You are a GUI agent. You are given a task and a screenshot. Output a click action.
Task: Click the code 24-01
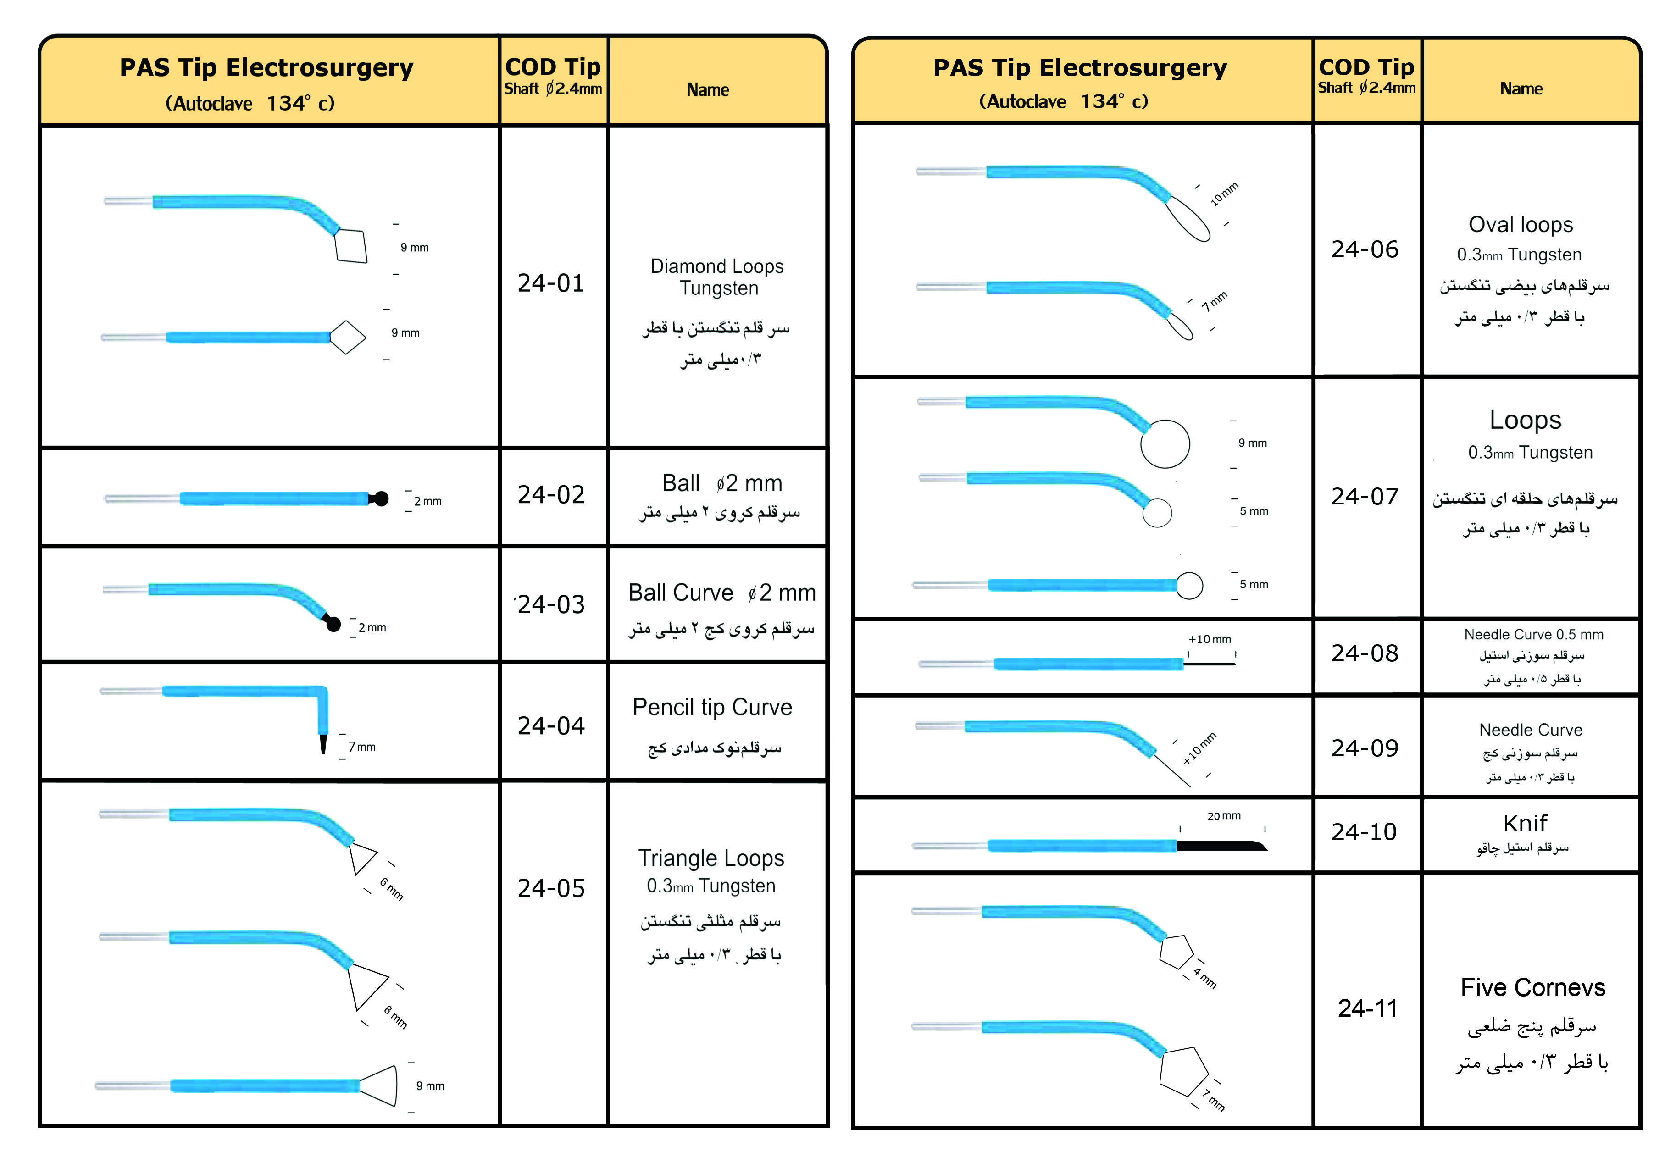551,283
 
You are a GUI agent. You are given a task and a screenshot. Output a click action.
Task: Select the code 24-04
551,726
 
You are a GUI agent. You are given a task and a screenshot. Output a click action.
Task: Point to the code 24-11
1367,1008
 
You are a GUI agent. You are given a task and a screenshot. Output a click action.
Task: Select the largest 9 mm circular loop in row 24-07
1165,444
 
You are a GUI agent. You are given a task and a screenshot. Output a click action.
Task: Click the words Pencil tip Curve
712,708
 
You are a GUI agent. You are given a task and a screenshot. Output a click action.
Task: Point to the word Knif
1525,824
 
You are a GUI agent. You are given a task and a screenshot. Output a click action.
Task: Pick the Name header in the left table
707,90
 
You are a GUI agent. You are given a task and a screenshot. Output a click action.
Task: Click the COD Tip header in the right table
1366,67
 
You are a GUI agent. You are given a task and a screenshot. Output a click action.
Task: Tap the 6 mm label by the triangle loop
391,889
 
